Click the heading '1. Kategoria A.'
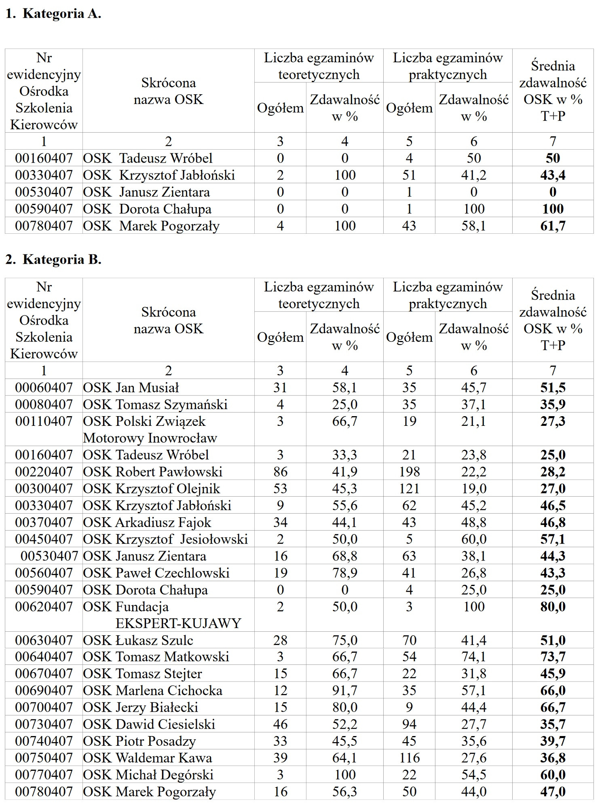[53, 14]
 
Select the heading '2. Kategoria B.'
[53, 259]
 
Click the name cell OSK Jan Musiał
[131, 387]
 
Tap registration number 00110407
[44, 421]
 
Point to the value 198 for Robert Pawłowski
[409, 472]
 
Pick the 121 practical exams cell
[409, 489]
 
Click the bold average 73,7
[553, 657]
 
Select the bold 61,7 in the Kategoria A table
[553, 226]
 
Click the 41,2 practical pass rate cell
[474, 175]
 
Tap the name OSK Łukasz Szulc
[138, 640]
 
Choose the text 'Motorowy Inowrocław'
[150, 438]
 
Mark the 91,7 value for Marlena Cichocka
[344, 690]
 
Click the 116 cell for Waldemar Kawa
[409, 758]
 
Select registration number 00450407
[44, 539]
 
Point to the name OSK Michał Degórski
[148, 775]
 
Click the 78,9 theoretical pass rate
[344, 573]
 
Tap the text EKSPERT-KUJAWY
[178, 623]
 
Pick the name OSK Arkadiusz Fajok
[147, 523]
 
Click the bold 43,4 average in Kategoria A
[553, 175]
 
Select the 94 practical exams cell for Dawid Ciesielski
[409, 724]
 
